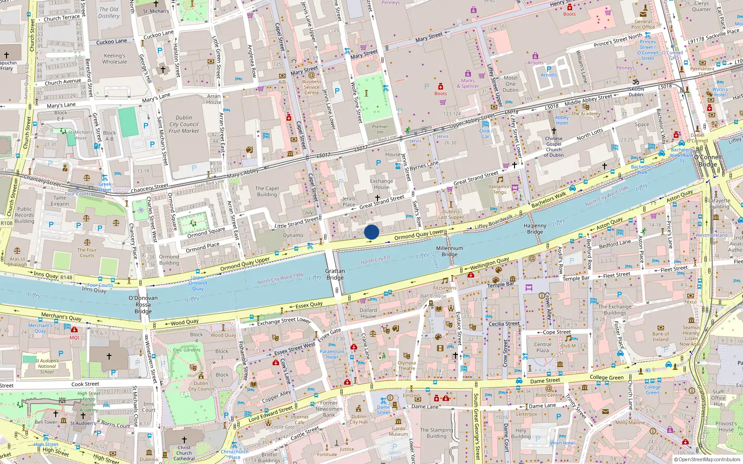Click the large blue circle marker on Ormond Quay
coord(371,232)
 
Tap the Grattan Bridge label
coord(335,274)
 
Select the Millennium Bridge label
coord(450,251)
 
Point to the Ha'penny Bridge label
coord(535,229)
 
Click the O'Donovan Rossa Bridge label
coord(143,304)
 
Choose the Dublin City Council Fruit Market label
coord(184,124)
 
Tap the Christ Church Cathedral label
coord(184,453)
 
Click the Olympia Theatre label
coord(406,366)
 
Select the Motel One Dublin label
coord(510,84)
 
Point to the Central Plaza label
coord(542,347)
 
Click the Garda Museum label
coord(398,431)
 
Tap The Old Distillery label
coord(109,13)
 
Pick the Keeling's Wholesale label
coord(115,58)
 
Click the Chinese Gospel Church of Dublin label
coord(554,147)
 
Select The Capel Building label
coord(267,191)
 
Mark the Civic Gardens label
coord(187,350)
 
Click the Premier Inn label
coord(380,129)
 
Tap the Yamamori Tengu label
coord(500,189)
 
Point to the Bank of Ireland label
coord(660,336)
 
